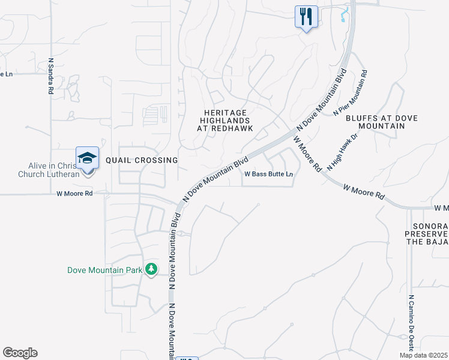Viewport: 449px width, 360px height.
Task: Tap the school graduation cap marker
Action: coord(87,159)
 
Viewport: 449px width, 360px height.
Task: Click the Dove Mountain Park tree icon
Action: coord(152,269)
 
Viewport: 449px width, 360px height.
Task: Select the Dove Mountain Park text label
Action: coord(104,270)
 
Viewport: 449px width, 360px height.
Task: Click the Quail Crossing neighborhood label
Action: coord(142,160)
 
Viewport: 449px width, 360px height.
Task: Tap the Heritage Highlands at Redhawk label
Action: coord(226,121)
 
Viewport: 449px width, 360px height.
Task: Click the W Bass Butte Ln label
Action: coord(269,174)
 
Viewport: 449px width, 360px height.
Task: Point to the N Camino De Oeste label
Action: coord(412,324)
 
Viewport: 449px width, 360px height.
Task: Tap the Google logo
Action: coord(20,353)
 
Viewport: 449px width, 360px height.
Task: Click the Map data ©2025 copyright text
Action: coord(423,355)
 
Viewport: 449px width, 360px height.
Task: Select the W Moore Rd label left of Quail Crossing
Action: coord(74,194)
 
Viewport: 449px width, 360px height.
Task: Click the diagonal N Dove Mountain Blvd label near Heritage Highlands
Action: coord(215,179)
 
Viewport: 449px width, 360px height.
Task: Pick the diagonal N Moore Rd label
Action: coord(307,154)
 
